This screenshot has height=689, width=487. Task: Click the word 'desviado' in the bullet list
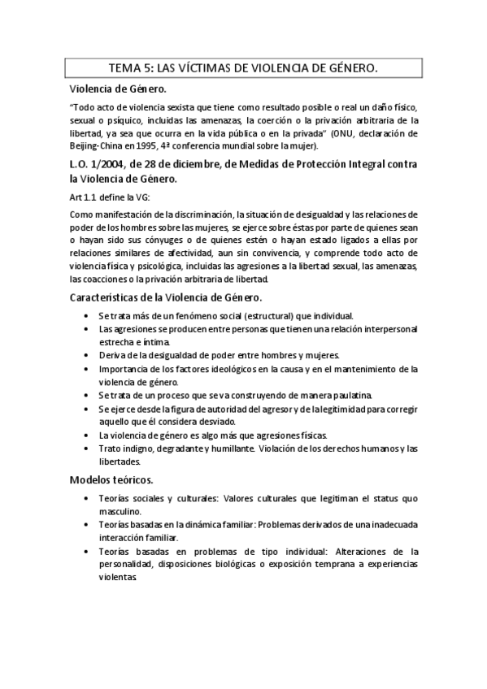point(215,421)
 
